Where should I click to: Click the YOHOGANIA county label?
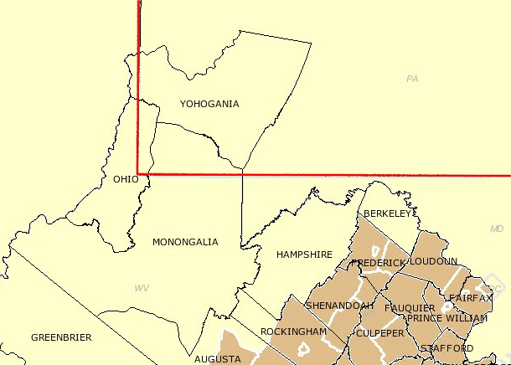click(209, 104)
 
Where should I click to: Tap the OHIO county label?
click(126, 179)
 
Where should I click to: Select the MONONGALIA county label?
click(185, 242)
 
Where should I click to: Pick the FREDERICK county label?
click(378, 263)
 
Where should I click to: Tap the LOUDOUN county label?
click(433, 261)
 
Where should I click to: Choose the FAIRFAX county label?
click(471, 297)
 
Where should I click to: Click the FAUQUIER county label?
click(410, 308)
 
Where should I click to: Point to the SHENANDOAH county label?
click(339, 306)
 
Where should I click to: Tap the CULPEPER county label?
click(379, 332)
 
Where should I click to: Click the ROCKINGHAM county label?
click(293, 332)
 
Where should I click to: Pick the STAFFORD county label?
click(446, 348)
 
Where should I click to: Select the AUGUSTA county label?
click(217, 359)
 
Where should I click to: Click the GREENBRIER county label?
click(61, 337)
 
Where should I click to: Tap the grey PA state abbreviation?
click(411, 79)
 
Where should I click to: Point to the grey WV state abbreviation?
click(142, 288)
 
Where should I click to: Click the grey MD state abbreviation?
click(496, 229)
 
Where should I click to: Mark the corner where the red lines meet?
click(138, 175)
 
